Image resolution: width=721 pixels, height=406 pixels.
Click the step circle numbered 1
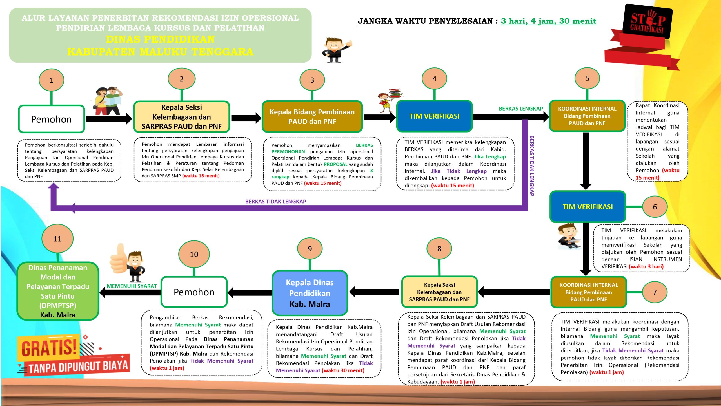pyautogui.click(x=51, y=80)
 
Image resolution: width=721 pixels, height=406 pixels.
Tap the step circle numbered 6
pyautogui.click(x=655, y=207)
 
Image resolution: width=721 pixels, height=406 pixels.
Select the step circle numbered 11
pyautogui.click(x=57, y=239)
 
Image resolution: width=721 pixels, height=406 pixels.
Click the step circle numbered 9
pyautogui.click(x=310, y=248)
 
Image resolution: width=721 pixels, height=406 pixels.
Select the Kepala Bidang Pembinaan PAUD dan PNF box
pyautogui.click(x=312, y=116)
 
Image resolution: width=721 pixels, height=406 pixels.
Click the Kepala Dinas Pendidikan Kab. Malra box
pyautogui.click(x=310, y=293)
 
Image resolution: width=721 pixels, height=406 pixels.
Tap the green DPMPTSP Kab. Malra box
pyautogui.click(x=58, y=291)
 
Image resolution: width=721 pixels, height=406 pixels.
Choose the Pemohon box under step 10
pyautogui.click(x=194, y=292)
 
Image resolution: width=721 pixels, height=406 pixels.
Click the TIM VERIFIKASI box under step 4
pyautogui.click(x=434, y=116)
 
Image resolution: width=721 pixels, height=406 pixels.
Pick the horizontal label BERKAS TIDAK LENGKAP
pyautogui.click(x=275, y=201)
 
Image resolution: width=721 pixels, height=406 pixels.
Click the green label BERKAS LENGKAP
pyautogui.click(x=520, y=109)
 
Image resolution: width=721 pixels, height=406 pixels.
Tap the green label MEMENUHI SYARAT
pyautogui.click(x=132, y=286)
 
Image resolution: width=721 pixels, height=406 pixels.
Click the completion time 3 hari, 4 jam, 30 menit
pyautogui.click(x=548, y=21)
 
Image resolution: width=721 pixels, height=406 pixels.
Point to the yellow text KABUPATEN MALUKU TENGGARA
pyautogui.click(x=160, y=52)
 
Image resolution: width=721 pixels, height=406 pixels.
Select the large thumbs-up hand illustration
pyautogui.click(x=120, y=259)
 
